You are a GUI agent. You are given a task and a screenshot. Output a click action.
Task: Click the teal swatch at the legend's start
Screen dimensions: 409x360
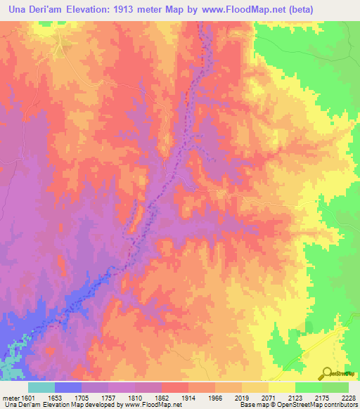click(x=41, y=387)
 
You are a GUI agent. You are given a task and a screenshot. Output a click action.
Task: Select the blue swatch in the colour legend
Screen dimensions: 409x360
click(x=68, y=387)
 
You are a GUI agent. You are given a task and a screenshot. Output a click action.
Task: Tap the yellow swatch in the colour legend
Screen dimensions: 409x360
click(x=282, y=387)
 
